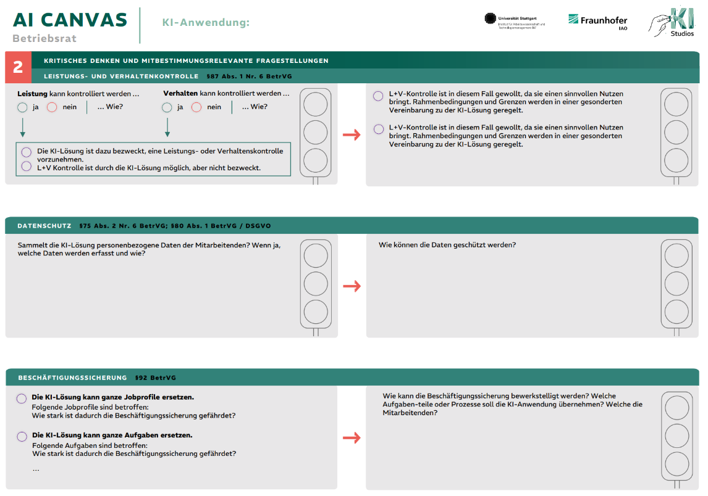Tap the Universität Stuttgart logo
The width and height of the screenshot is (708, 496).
pyautogui.click(x=515, y=20)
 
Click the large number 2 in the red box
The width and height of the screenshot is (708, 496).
pyautogui.click(x=18, y=67)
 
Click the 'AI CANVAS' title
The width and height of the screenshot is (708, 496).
pyautogui.click(x=70, y=20)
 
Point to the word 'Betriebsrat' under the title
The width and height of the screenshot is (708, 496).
pyautogui.click(x=44, y=38)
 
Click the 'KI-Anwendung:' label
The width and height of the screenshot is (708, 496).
pyautogui.click(x=206, y=23)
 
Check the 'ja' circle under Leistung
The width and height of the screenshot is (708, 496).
pyautogui.click(x=23, y=107)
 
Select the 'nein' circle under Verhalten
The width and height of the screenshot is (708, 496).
pyautogui.click(x=196, y=107)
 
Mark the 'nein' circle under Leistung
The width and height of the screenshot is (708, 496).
pyautogui.click(x=52, y=107)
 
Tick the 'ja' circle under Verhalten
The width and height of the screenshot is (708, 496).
pyautogui.click(x=167, y=107)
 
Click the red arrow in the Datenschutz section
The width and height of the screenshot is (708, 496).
pyautogui.click(x=352, y=286)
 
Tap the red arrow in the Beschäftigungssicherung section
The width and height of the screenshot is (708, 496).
pyautogui.click(x=352, y=438)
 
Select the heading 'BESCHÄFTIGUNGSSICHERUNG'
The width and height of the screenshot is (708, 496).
pyautogui.click(x=72, y=378)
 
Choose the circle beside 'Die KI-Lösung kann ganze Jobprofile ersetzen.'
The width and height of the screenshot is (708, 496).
pyautogui.click(x=22, y=399)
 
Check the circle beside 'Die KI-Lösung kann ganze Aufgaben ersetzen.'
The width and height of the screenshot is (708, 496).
pyautogui.click(x=22, y=436)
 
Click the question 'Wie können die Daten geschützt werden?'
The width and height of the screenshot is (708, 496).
pyautogui.click(x=447, y=245)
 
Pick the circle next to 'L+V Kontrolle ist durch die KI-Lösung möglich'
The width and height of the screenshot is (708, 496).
pyautogui.click(x=26, y=166)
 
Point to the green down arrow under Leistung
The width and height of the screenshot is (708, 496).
pyautogui.click(x=23, y=128)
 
